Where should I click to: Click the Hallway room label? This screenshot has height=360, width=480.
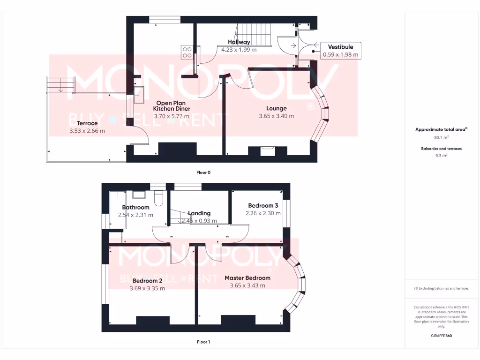click(x=239, y=42)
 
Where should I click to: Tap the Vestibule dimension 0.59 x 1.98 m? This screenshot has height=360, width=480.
click(x=341, y=55)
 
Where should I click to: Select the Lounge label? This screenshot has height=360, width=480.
click(x=277, y=108)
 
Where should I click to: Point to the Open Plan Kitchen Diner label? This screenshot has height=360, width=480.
click(x=172, y=106)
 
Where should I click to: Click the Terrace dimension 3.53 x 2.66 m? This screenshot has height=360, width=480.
click(x=87, y=131)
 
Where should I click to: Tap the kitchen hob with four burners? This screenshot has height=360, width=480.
click(x=187, y=52)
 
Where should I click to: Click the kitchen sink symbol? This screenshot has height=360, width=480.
click(x=140, y=95)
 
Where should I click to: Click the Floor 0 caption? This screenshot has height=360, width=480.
click(x=203, y=172)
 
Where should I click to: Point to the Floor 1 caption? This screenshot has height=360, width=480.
click(x=203, y=342)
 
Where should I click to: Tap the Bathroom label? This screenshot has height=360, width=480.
click(x=135, y=207)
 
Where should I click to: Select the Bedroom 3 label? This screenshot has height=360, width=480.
click(x=263, y=205)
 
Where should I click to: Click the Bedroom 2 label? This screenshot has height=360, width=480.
click(x=147, y=281)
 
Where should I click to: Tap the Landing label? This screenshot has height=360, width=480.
click(x=199, y=213)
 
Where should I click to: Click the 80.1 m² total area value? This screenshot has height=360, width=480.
click(x=441, y=138)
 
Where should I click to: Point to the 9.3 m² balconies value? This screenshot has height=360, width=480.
click(x=441, y=155)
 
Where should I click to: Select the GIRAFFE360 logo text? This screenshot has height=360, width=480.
click(x=441, y=336)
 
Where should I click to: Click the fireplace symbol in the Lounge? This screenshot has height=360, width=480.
click(x=268, y=150)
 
